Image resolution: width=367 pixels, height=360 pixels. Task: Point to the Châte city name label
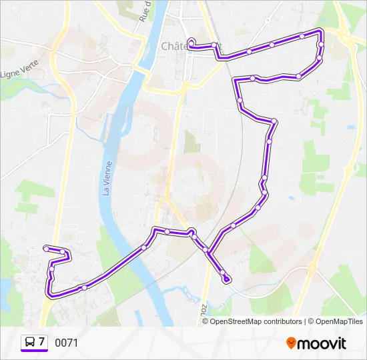[175, 45]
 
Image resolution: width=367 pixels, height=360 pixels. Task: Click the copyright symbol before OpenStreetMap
[206, 321]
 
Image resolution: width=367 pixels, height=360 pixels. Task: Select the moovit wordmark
[322, 343]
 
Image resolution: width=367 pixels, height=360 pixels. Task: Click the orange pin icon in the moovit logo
[292, 343]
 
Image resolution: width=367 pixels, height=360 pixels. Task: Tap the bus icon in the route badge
[30, 342]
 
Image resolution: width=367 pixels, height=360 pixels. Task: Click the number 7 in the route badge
[42, 342]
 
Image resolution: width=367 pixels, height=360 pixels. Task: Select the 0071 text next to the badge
[67, 343]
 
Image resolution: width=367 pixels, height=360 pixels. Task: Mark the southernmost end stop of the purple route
[228, 279]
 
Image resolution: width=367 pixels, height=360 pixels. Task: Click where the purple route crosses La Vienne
[127, 261]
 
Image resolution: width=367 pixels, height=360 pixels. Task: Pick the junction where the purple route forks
[209, 252]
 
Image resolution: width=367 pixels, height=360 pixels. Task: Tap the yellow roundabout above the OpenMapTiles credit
[312, 269]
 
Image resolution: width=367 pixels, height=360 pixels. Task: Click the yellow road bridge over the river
[142, 67]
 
